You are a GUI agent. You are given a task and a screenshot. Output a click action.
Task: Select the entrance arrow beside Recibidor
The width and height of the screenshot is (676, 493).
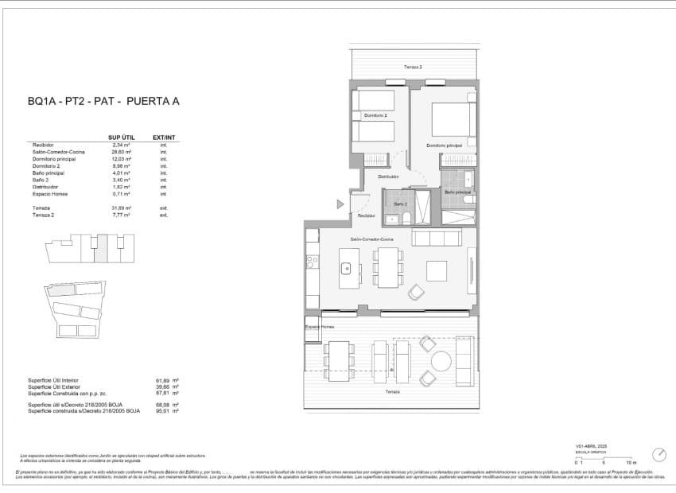pos(340,204)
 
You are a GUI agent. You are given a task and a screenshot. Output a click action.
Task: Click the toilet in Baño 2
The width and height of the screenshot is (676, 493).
pos(406,217)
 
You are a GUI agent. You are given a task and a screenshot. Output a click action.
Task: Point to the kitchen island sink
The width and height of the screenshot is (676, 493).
pos(347,268)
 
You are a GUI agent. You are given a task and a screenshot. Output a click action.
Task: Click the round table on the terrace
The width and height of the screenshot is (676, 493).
pos(441,362)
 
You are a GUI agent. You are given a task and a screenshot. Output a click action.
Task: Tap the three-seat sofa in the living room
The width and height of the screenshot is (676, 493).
pos(436,238)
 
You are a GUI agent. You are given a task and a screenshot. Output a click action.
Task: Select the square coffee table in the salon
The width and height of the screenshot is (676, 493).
pos(437,270)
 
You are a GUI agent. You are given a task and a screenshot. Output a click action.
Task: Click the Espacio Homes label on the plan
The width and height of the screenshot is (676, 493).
pos(320,327)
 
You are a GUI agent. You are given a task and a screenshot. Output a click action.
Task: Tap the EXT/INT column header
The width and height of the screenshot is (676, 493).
pos(163,137)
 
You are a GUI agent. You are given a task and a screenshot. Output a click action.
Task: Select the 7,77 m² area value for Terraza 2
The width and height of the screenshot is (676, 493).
pos(122,215)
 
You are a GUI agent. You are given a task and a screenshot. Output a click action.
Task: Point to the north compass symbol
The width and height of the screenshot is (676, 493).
pos(659,455)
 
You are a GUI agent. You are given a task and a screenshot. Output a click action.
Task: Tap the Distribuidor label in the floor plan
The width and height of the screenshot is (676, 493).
pos(388,176)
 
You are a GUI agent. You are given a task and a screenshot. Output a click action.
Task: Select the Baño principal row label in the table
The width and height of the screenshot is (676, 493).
pos(49,173)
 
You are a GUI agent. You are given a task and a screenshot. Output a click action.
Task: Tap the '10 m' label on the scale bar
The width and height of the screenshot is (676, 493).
pos(631,462)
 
